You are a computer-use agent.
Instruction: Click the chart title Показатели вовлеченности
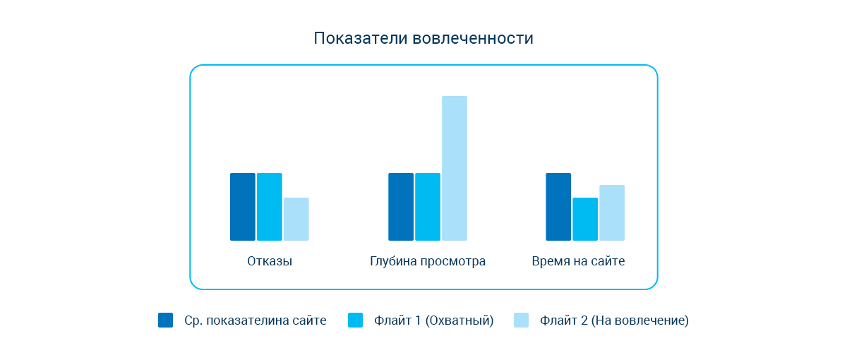pyautogui.click(x=423, y=38)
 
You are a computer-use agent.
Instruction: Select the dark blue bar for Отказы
pyautogui.click(x=242, y=207)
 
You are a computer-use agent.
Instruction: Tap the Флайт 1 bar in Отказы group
pyautogui.click(x=269, y=207)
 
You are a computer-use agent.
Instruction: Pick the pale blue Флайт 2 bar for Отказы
pyautogui.click(x=296, y=219)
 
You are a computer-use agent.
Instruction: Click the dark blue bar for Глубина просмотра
pyautogui.click(x=400, y=207)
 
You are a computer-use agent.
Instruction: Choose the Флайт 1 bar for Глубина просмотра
pyautogui.click(x=427, y=207)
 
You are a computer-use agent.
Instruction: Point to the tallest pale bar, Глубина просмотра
pyautogui.click(x=454, y=168)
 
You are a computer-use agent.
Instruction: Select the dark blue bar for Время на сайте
pyautogui.click(x=558, y=207)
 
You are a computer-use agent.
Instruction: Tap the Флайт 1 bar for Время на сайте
pyautogui.click(x=585, y=219)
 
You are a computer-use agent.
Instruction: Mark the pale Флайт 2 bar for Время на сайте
pyautogui.click(x=612, y=212)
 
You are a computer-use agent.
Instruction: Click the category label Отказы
pyautogui.click(x=270, y=261)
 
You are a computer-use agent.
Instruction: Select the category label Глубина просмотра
pyautogui.click(x=428, y=261)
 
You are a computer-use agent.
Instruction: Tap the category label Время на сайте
pyautogui.click(x=578, y=261)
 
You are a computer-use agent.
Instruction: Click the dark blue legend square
pyautogui.click(x=165, y=320)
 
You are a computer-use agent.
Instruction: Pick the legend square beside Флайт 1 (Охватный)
pyautogui.click(x=356, y=320)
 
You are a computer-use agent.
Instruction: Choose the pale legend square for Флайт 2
pyautogui.click(x=521, y=320)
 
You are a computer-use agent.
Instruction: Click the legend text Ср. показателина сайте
pyautogui.click(x=255, y=320)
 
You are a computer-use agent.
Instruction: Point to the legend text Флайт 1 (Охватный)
pyautogui.click(x=434, y=320)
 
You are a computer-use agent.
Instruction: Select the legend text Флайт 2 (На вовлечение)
pyautogui.click(x=614, y=320)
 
